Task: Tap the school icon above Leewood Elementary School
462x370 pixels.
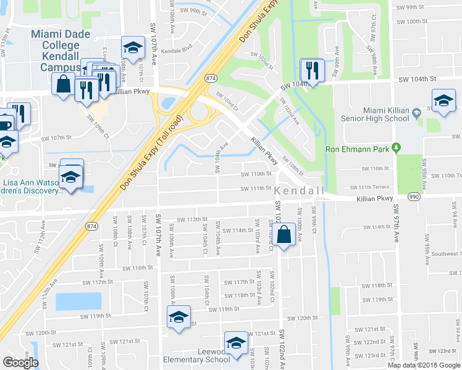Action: [x=235, y=343]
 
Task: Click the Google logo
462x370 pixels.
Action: [x=20, y=363]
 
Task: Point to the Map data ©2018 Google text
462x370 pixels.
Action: [x=424, y=365]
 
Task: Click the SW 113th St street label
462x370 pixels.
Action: [x=190, y=220]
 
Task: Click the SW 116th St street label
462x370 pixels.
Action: [x=137, y=268]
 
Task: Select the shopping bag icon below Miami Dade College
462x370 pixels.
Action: [x=64, y=84]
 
